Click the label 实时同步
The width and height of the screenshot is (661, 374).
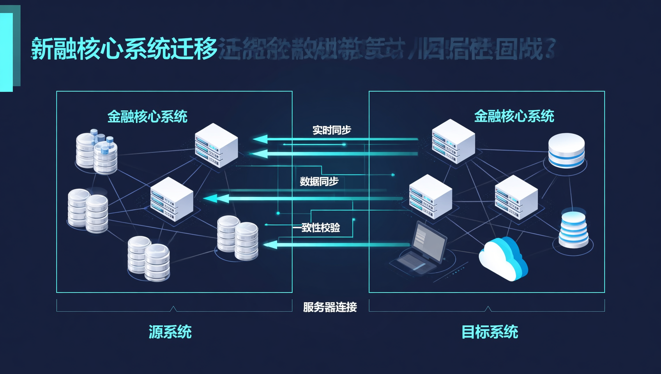pyautogui.click(x=331, y=130)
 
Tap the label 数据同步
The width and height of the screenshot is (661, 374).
pyautogui.click(x=319, y=181)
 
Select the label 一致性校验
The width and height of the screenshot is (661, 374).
pyautogui.click(x=316, y=228)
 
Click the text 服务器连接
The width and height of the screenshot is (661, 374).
pyautogui.click(x=330, y=307)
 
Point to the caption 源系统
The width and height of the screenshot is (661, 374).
pyautogui.click(x=170, y=332)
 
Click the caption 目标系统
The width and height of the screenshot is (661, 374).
pyautogui.click(x=490, y=332)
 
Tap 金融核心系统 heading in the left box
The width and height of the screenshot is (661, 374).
pyautogui.click(x=147, y=116)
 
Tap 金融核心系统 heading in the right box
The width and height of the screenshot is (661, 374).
pyautogui.click(x=514, y=116)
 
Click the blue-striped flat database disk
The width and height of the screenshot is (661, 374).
pyautogui.click(x=566, y=151)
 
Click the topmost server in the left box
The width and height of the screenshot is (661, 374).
pyautogui.click(x=216, y=145)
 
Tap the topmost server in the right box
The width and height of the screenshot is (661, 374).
pyautogui.click(x=453, y=141)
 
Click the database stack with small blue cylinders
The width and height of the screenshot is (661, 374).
pyautogui.click(x=97, y=152)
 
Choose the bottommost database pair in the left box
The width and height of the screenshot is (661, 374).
pyautogui.click(x=148, y=259)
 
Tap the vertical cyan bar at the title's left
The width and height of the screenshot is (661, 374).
pyautogui.click(x=7, y=52)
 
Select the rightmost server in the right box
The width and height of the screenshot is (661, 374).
pyautogui.click(x=516, y=197)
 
